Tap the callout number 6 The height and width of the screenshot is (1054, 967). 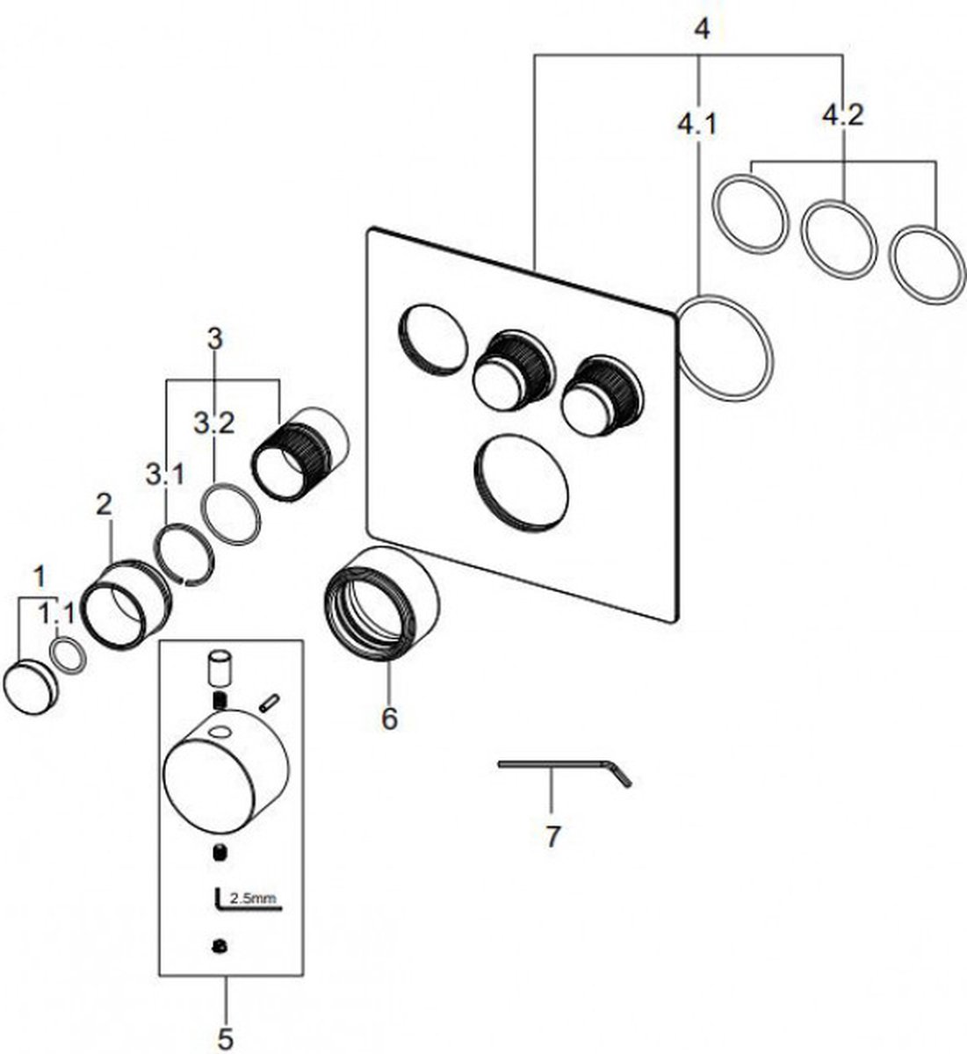pyautogui.click(x=389, y=718)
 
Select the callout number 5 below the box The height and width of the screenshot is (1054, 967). pyautogui.click(x=226, y=1039)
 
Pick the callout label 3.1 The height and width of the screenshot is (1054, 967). pyautogui.click(x=165, y=476)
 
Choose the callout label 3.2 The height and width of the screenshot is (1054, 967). pyautogui.click(x=213, y=424)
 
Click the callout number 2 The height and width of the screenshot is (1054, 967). pyautogui.click(x=105, y=504)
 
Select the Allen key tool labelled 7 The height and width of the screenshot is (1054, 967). pyautogui.click(x=563, y=768)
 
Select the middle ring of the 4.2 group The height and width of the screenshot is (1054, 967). pyautogui.click(x=840, y=237)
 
